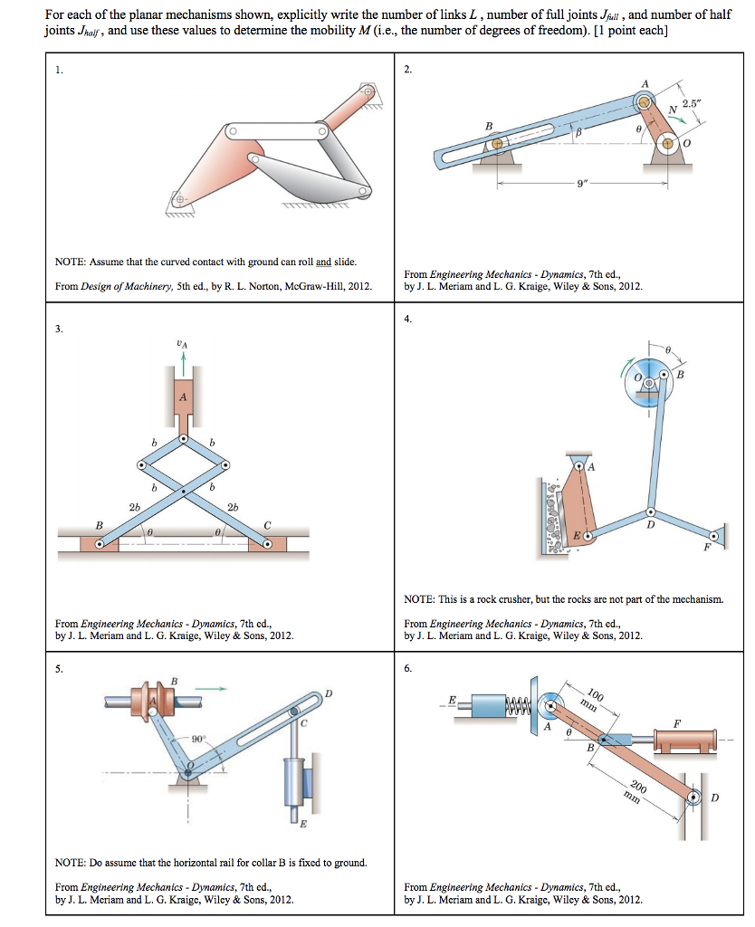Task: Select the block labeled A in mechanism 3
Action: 184,396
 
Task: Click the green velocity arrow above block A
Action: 184,360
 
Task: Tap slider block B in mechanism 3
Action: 100,544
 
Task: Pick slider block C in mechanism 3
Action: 269,544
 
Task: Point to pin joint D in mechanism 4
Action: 648,511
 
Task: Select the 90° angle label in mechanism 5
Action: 199,740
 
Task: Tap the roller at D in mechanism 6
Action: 693,798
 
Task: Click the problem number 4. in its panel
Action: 408,318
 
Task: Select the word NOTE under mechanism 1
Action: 71,262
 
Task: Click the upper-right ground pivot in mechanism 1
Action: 367,91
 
